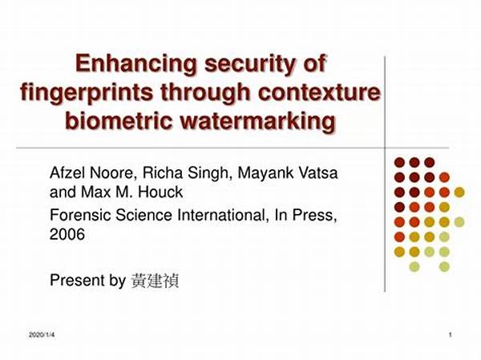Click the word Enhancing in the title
pyautogui.click(x=136, y=64)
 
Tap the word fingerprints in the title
pyautogui.click(x=87, y=94)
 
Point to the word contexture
pyautogui.click(x=319, y=92)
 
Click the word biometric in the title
pyautogui.click(x=119, y=120)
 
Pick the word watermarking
pyautogui.click(x=257, y=122)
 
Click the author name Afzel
pyautogui.click(x=69, y=173)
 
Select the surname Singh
pyautogui.click(x=208, y=173)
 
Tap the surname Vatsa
pyautogui.click(x=318, y=173)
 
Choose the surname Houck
pyautogui.click(x=160, y=192)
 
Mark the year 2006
pyautogui.click(x=67, y=234)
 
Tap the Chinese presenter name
pyautogui.click(x=155, y=281)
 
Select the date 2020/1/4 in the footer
pyautogui.click(x=42, y=335)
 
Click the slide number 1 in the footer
pyautogui.click(x=451, y=335)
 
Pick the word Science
pyautogui.click(x=143, y=215)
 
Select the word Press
pyautogui.click(x=314, y=215)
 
